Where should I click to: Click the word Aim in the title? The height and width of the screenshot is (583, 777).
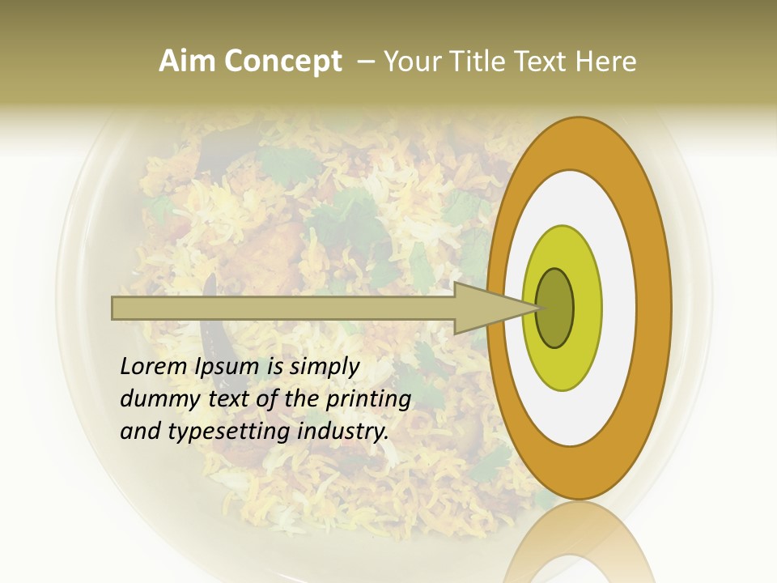pyautogui.click(x=187, y=62)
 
